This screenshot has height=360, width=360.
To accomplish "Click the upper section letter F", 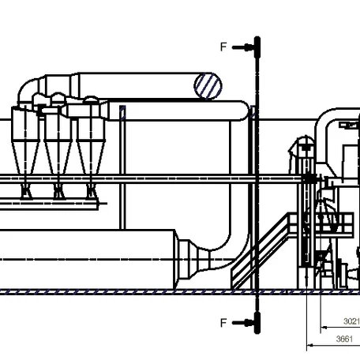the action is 223,47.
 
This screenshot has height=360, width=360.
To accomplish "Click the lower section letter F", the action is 223,323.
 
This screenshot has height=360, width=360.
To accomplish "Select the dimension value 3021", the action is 351,321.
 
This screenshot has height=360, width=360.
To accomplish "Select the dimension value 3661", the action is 344,339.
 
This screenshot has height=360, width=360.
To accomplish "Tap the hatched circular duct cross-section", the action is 208,86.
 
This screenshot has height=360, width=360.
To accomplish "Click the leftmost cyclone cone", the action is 25,158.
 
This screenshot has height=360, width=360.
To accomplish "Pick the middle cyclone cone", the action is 58,158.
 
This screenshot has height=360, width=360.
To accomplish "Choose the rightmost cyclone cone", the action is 91,158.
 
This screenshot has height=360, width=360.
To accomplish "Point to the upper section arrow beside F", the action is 242,47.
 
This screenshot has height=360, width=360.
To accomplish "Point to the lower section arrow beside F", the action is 242,323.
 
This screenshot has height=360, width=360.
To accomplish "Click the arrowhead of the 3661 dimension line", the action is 310,345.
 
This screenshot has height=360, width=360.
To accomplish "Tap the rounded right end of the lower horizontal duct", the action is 244,111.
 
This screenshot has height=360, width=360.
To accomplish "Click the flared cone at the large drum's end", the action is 191,260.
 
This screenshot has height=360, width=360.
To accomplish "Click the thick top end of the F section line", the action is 257,47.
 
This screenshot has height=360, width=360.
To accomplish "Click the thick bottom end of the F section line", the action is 257,323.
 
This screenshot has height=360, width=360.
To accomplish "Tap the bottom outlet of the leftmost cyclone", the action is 25,190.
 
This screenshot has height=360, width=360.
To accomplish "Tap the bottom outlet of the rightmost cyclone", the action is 91,190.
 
